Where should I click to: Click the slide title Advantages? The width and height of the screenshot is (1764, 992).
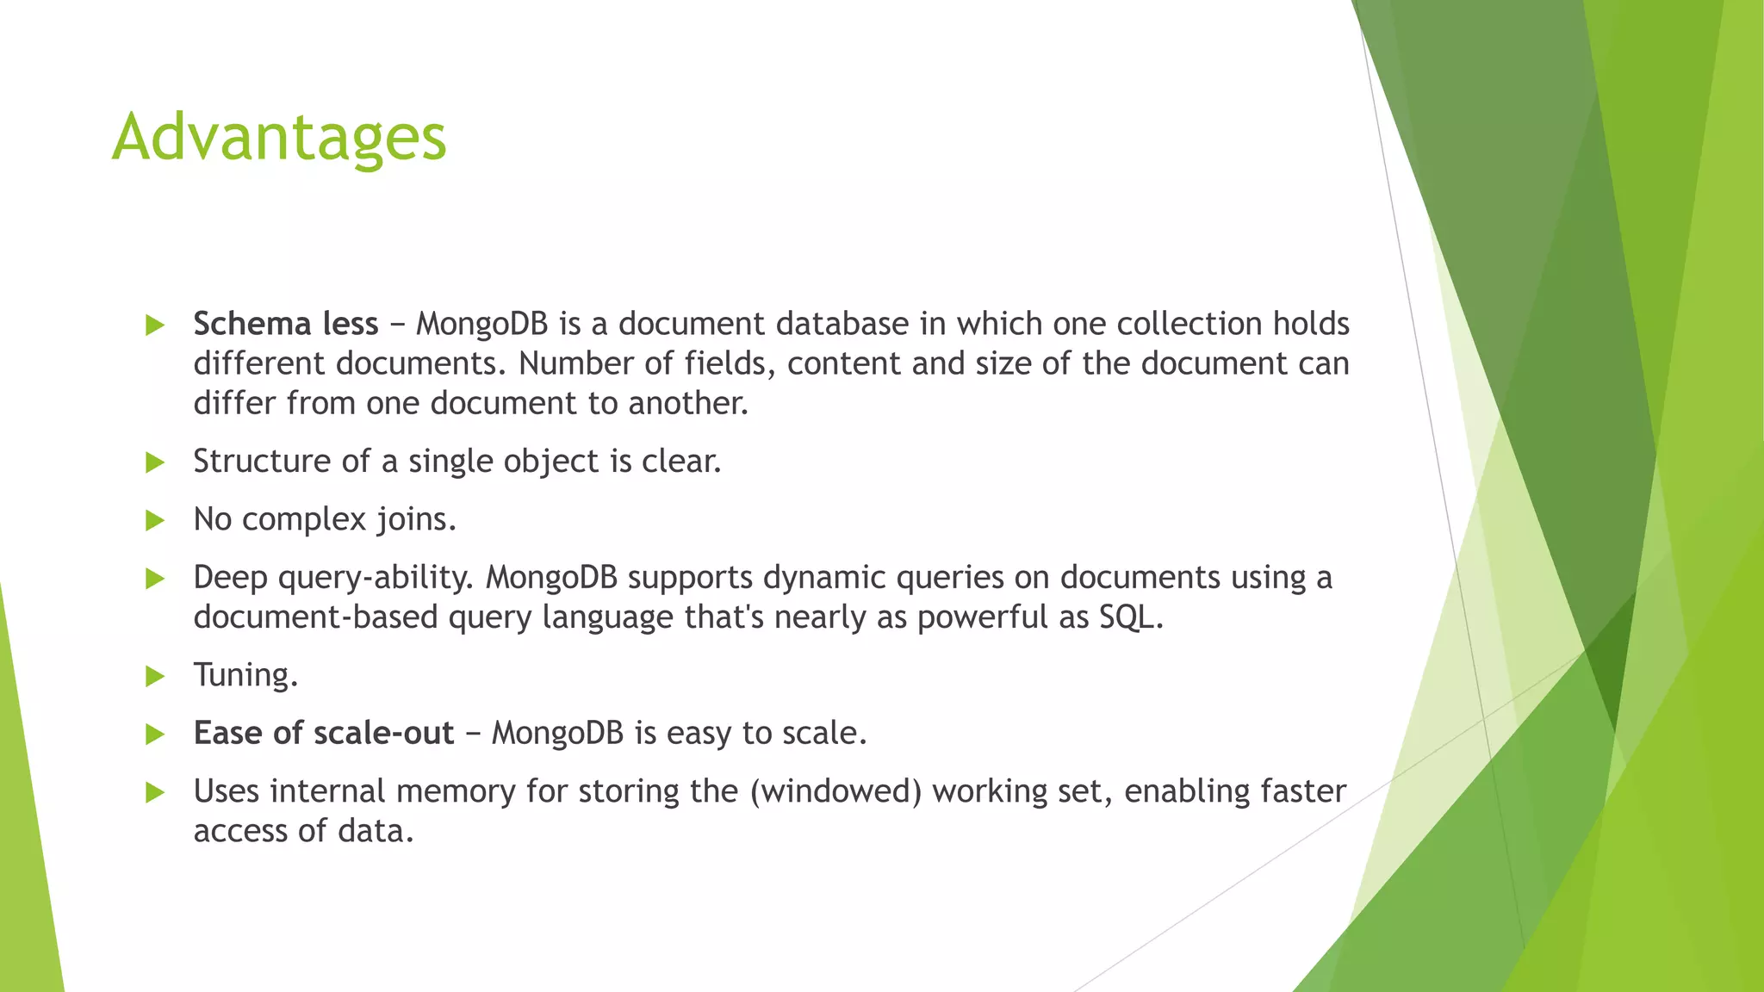tap(279, 138)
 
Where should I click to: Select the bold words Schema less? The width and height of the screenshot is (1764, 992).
tap(285, 325)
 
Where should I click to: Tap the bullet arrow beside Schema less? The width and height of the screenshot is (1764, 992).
tap(155, 325)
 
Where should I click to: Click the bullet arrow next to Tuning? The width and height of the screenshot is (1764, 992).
tap(155, 676)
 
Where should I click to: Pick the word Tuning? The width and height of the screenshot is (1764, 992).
tap(245, 675)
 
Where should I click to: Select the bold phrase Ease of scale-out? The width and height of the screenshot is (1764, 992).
tap(323, 734)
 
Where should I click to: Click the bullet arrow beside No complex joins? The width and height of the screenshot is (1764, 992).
tap(155, 520)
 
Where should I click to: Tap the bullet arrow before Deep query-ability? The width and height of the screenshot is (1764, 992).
tap(155, 579)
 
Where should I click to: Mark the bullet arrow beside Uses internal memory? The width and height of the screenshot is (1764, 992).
tap(155, 792)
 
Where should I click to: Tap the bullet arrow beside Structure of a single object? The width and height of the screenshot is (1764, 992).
tap(155, 462)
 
